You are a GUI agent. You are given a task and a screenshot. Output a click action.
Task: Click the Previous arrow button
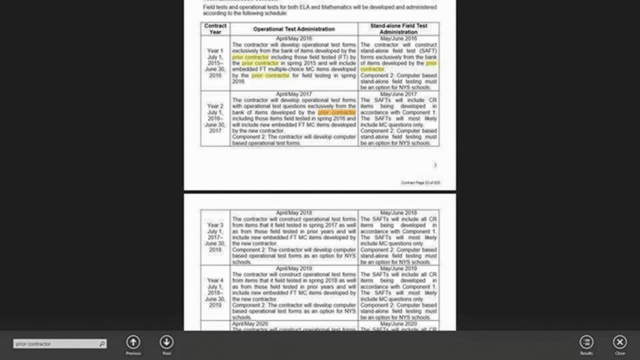133,342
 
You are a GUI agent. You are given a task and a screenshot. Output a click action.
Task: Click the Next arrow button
166,342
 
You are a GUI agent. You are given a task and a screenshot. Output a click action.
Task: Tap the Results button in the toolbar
586,342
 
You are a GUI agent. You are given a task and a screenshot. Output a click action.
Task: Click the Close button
620,342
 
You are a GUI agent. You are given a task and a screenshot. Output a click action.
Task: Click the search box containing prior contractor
56,344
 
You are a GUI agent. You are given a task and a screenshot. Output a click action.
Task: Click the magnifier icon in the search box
101,344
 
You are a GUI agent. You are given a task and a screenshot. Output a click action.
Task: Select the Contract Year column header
215,29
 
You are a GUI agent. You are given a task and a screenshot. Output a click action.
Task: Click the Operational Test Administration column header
294,29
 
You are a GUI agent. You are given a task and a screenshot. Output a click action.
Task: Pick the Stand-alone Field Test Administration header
398,29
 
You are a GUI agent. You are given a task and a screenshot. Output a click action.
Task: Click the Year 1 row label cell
215,63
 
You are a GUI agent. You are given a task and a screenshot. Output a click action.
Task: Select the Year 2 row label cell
215,118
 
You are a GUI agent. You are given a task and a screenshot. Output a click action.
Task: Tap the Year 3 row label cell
215,237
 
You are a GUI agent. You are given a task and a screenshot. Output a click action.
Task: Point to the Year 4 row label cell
215,293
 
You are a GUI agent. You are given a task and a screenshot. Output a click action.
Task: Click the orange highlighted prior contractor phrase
337,113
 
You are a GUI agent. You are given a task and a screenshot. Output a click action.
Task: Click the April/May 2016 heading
294,39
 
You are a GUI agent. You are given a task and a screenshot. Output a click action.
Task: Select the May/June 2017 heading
398,94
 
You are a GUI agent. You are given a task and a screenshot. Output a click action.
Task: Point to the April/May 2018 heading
294,213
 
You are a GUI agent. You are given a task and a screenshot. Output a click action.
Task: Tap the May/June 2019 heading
398,269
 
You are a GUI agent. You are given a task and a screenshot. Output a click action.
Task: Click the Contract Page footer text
420,183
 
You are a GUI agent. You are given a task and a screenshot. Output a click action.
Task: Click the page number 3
435,165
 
